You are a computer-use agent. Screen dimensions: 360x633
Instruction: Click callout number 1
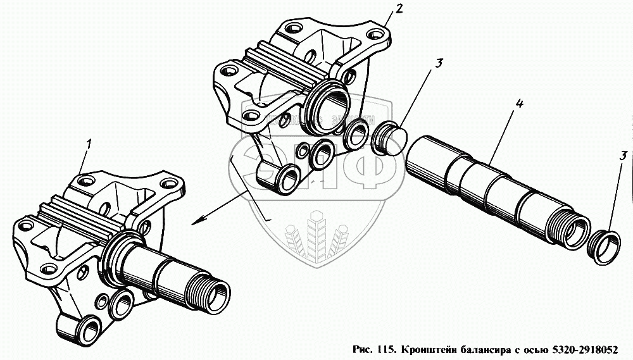pos(89,144)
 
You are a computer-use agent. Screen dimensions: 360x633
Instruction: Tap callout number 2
pos(398,8)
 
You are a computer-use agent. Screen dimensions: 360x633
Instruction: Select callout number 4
pos(518,103)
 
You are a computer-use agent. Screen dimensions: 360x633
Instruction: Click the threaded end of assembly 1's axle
pos(211,292)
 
